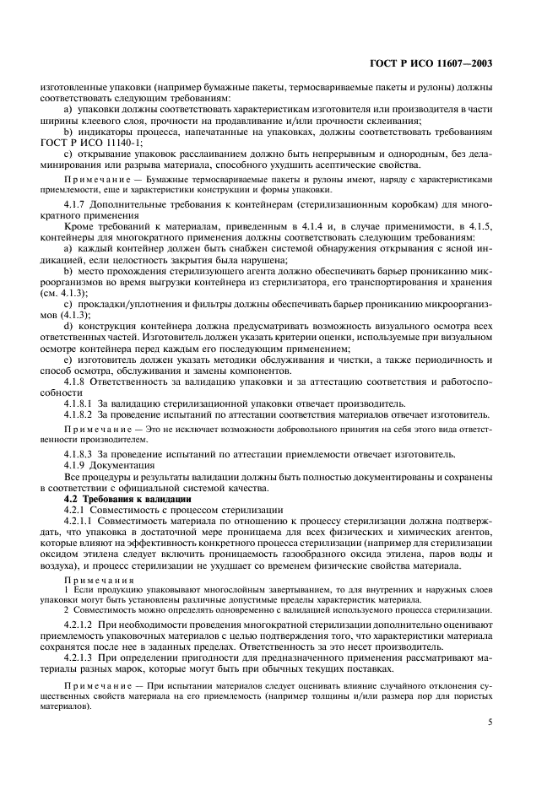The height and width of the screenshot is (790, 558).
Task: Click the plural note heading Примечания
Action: (x=93, y=581)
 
